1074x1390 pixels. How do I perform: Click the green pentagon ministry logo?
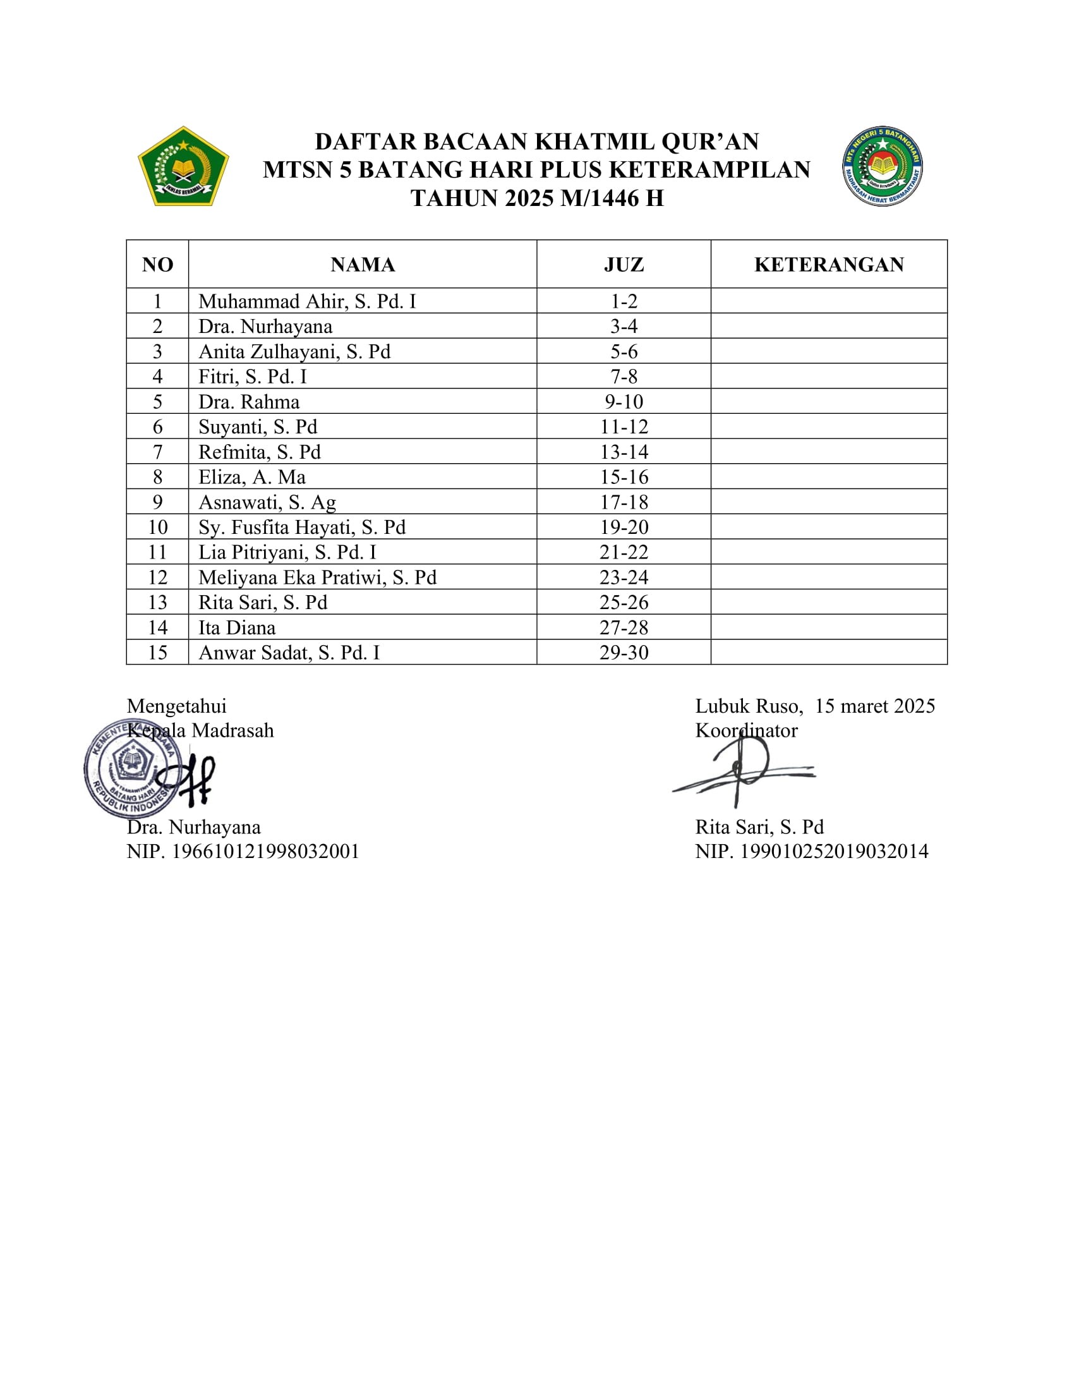point(183,167)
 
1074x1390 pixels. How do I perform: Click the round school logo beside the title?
point(883,166)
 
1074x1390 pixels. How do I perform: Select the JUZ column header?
point(624,265)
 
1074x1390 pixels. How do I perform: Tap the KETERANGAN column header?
point(828,265)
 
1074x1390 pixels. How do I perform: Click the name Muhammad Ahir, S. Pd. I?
point(306,301)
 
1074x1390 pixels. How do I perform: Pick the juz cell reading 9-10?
point(624,402)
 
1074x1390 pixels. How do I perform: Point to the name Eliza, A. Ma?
point(252,476)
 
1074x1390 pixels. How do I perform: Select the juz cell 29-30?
point(624,653)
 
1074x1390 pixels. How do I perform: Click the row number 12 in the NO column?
point(157,577)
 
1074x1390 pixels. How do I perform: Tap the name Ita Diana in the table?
point(237,627)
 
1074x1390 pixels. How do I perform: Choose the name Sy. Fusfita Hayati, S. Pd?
point(301,527)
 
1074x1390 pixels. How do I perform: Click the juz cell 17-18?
point(624,502)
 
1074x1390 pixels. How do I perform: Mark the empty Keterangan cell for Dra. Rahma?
point(828,402)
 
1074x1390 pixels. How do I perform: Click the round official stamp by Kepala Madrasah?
point(132,768)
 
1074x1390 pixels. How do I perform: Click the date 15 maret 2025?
point(875,706)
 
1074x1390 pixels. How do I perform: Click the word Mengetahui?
point(176,706)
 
